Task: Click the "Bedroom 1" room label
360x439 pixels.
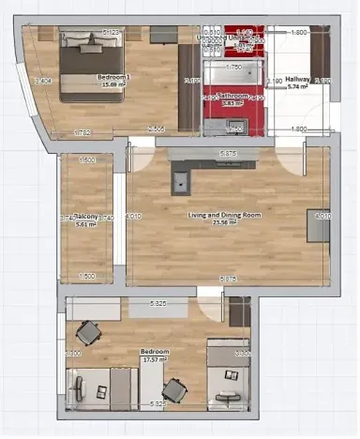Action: click(114, 77)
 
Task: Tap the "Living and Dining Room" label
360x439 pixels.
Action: click(224, 215)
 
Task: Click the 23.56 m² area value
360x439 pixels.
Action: click(225, 223)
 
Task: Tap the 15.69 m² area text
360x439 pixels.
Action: click(114, 85)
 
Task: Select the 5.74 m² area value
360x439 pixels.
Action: click(298, 87)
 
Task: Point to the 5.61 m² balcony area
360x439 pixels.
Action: click(87, 224)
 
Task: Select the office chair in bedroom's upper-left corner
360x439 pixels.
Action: click(89, 331)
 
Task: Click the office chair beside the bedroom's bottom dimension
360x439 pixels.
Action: click(173, 388)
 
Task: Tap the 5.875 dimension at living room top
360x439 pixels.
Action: click(227, 153)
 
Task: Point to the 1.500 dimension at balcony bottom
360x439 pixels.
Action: click(88, 277)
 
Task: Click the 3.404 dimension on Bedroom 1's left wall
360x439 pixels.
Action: click(41, 82)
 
